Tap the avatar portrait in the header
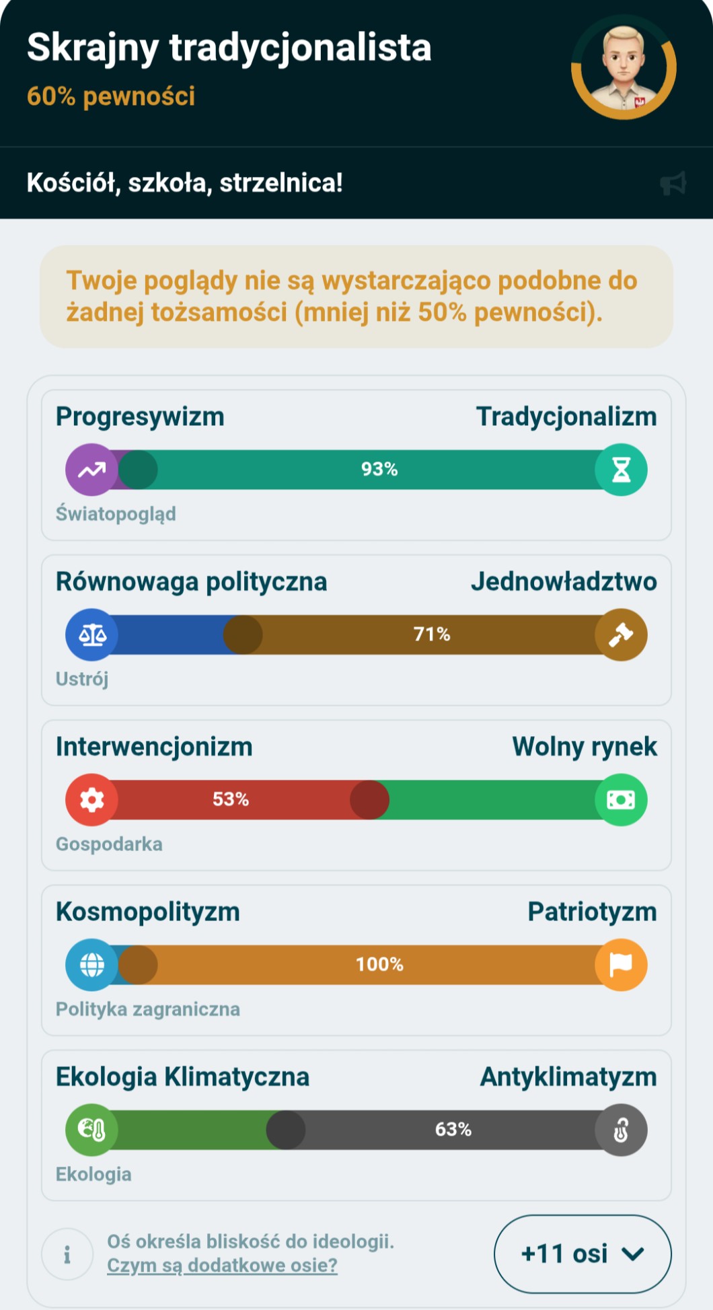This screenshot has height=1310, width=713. tap(624, 67)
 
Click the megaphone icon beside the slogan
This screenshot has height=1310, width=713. tap(673, 183)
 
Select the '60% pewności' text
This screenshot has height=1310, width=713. tap(111, 96)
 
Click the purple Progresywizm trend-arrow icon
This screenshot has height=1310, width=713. tap(91, 470)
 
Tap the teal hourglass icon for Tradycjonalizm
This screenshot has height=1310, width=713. tap(621, 470)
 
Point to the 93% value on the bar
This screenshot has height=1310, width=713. tap(379, 469)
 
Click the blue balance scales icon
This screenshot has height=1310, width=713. tap(91, 634)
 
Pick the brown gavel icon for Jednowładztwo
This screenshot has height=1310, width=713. tap(621, 634)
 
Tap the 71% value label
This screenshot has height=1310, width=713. tap(432, 634)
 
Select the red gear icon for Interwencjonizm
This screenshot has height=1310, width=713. tap(91, 799)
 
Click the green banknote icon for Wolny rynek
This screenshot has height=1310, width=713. tap(621, 799)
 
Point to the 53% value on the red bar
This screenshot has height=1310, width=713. tap(231, 799)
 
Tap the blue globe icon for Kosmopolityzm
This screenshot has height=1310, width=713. tap(91, 965)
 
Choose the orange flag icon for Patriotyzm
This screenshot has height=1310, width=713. tap(621, 965)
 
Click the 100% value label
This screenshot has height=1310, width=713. tap(379, 964)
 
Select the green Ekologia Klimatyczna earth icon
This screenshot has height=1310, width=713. tap(91, 1130)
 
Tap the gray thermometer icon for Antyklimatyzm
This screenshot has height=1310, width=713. tap(621, 1130)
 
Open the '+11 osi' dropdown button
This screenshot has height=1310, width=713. tap(583, 1253)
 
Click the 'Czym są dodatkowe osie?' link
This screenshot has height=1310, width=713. tap(222, 1265)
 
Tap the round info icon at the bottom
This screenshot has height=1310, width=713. tap(67, 1254)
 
